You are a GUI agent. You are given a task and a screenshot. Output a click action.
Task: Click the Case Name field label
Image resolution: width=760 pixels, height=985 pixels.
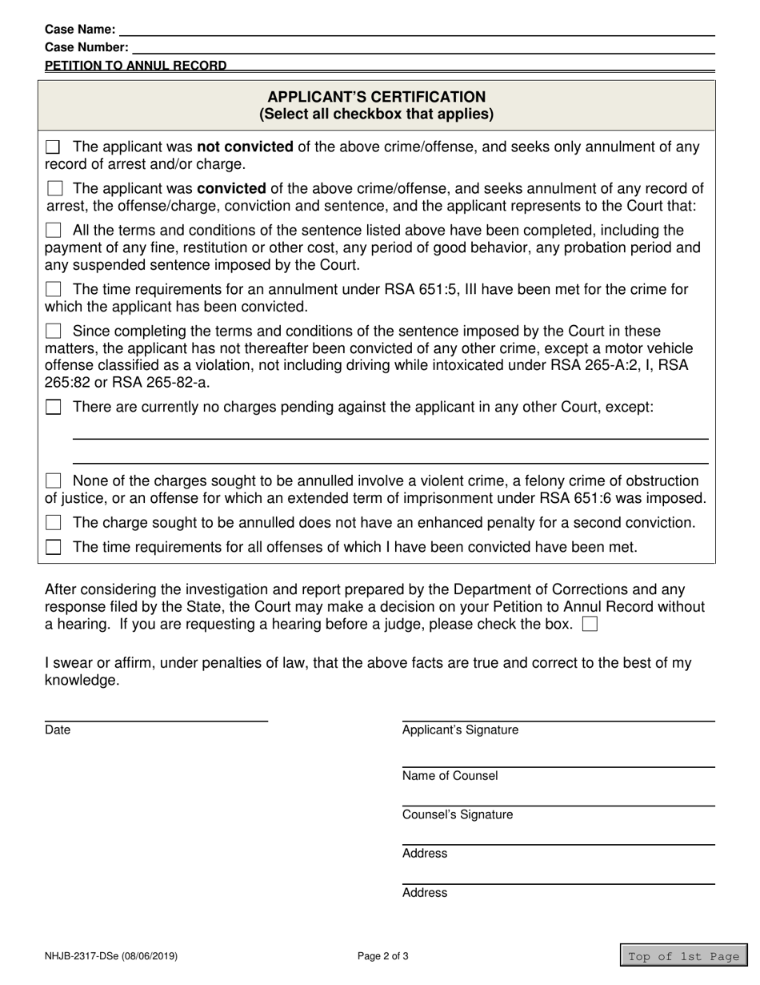coord(80,30)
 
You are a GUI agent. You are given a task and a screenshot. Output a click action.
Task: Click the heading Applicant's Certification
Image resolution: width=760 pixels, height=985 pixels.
coord(376,97)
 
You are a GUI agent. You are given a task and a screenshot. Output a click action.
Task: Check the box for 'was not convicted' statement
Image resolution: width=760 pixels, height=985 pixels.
coord(53,147)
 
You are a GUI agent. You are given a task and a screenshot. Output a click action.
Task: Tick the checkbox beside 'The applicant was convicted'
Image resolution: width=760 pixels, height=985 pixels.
coord(54,189)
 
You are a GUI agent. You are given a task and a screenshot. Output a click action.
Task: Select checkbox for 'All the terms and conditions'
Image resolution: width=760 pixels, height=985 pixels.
coord(53,231)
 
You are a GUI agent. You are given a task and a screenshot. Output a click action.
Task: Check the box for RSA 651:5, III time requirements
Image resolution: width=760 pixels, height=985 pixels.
coord(53,289)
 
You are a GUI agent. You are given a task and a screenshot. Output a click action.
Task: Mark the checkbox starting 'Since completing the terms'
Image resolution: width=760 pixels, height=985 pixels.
coord(53,331)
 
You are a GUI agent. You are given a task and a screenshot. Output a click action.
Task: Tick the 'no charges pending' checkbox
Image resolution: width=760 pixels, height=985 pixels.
coord(53,407)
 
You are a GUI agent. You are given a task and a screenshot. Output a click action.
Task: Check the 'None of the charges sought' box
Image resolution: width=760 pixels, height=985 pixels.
coord(53,481)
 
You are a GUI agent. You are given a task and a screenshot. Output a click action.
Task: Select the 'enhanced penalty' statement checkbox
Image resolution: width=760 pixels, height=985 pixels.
coord(53,523)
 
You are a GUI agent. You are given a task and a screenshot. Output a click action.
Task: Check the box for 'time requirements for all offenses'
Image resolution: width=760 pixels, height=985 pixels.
coord(53,548)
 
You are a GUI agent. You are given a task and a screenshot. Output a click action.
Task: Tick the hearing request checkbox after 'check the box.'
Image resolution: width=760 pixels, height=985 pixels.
coord(590,625)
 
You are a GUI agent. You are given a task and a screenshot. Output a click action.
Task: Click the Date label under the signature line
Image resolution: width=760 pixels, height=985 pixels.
coord(58,730)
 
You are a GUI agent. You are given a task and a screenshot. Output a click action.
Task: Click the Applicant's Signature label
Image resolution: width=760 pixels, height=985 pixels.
coord(460,730)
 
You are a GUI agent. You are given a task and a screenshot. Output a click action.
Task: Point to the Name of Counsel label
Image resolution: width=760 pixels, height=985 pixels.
coord(450,776)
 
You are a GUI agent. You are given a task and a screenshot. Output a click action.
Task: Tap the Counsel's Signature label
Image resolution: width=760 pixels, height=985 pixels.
coord(458,815)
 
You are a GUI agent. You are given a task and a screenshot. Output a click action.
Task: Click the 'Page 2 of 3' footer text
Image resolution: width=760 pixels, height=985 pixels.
coord(383,956)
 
